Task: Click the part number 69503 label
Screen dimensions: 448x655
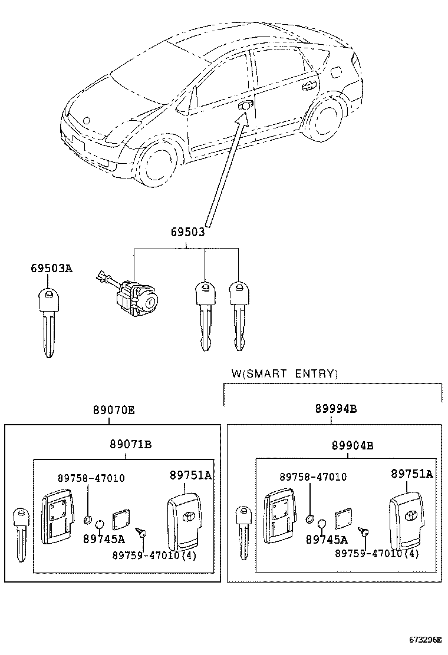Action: pos(187,232)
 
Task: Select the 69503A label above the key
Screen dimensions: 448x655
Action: pos(51,268)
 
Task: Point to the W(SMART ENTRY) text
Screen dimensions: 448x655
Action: pos(285,373)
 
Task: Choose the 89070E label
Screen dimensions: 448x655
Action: pos(114,410)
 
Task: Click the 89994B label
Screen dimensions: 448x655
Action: pos(336,409)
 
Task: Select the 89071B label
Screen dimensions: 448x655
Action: pos(131,445)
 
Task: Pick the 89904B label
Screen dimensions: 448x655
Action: pos(353,446)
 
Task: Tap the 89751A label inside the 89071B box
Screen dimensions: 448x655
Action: pos(190,475)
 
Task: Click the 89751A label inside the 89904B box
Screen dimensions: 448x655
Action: pos(412,474)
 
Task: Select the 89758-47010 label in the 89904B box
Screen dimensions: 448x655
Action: pos(313,477)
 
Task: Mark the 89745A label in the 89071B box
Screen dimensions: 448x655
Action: pos(104,540)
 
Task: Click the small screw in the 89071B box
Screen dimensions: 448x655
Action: pos(140,532)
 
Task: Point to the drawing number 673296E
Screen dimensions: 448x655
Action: pos(425,640)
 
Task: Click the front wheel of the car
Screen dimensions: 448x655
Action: pos(157,161)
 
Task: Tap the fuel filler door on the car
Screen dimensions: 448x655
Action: pos(336,72)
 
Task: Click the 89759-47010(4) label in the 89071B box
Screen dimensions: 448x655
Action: pos(154,555)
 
